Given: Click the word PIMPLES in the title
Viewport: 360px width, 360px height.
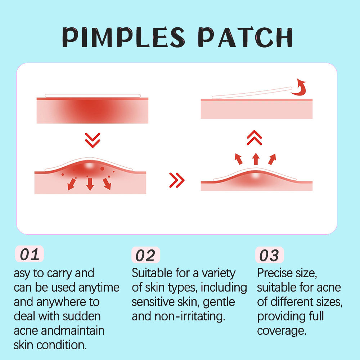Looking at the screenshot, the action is pyautogui.click(x=123, y=37).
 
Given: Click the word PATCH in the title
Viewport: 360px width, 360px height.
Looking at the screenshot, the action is pyautogui.click(x=246, y=37).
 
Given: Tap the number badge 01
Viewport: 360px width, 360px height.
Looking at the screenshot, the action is pyautogui.click(x=30, y=254).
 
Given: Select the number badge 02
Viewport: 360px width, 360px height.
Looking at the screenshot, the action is pyautogui.click(x=145, y=255).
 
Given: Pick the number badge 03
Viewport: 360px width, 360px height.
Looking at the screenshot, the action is pyautogui.click(x=270, y=255).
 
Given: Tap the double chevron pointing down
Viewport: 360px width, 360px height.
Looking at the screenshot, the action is pyautogui.click(x=93, y=140).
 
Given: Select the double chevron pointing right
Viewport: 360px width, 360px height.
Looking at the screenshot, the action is pyautogui.click(x=177, y=180).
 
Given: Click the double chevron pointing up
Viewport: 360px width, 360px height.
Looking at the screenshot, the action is pyautogui.click(x=255, y=138).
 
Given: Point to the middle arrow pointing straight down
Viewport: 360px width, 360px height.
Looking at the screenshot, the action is pyautogui.click(x=90, y=184).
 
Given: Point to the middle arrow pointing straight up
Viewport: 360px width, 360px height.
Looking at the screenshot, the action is pyautogui.click(x=256, y=159).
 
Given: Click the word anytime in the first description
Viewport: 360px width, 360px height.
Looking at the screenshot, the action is pyautogui.click(x=99, y=288).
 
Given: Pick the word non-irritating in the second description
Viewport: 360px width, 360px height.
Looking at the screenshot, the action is pyautogui.click(x=190, y=316).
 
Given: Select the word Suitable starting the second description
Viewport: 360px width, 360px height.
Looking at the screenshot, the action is pyautogui.click(x=152, y=273).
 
